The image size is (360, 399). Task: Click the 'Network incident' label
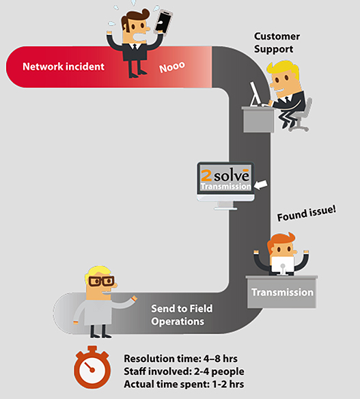tap(64, 67)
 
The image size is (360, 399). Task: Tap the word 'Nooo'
tap(172, 67)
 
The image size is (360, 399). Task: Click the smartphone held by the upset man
tap(163, 22)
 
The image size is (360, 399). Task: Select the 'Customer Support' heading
tap(277, 43)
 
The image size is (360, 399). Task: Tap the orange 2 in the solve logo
tap(206, 176)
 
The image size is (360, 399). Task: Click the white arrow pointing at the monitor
tap(261, 184)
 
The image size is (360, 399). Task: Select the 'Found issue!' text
tap(306, 213)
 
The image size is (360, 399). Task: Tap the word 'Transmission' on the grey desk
tap(282, 292)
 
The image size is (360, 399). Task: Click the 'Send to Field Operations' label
tap(182, 315)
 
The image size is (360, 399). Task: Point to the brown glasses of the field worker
tap(101, 281)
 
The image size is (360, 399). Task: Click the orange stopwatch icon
tap(92, 367)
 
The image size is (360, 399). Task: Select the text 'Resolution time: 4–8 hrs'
tap(180, 359)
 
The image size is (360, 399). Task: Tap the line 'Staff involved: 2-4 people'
tap(184, 372)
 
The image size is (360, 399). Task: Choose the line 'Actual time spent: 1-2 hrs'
tap(184, 384)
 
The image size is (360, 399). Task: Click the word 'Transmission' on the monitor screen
tap(225, 187)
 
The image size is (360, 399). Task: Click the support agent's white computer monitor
tap(255, 94)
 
